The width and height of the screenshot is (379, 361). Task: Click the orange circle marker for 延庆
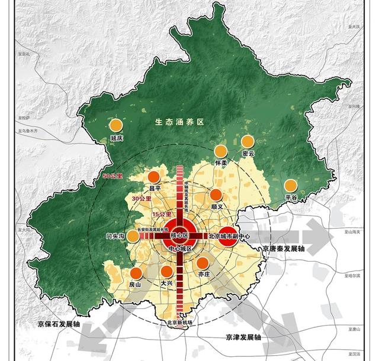pyautogui.click(x=116, y=125)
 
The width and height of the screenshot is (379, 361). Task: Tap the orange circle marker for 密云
pyautogui.click(x=248, y=141)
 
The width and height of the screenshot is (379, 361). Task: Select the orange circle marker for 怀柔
pyautogui.click(x=221, y=151)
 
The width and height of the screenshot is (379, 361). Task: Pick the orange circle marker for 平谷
pyautogui.click(x=290, y=186)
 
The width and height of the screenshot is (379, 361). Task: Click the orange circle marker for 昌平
pyautogui.click(x=155, y=176)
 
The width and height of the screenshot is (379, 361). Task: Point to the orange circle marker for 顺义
pyautogui.click(x=216, y=195)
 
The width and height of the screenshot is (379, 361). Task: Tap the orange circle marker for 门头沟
pyautogui.click(x=134, y=236)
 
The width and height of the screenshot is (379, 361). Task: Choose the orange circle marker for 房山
pyautogui.click(x=136, y=272)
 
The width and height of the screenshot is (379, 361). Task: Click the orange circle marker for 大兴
pyautogui.click(x=167, y=271)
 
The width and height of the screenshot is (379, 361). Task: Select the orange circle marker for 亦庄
pyautogui.click(x=203, y=263)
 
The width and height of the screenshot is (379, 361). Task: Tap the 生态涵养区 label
pyautogui.click(x=179, y=122)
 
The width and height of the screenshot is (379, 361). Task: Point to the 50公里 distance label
pyautogui.click(x=112, y=176)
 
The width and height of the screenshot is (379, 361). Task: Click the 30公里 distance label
pyautogui.click(x=140, y=199)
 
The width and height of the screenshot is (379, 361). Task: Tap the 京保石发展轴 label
pyautogui.click(x=57, y=324)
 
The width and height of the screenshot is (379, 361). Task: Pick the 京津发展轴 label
pyautogui.click(x=243, y=337)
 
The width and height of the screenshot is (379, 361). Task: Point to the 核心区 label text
pyautogui.click(x=179, y=235)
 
